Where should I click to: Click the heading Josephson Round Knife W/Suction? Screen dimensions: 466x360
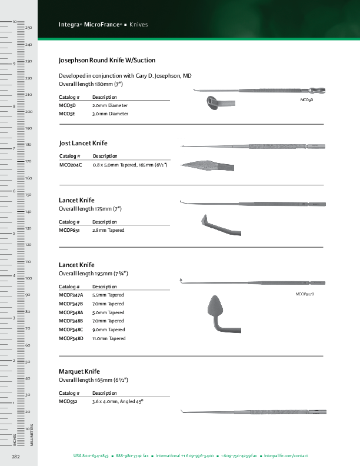pyautogui.click(x=107, y=60)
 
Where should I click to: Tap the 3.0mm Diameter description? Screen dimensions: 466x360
pyautogui.click(x=110, y=114)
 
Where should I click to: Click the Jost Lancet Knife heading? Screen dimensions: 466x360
pyautogui.click(x=84, y=143)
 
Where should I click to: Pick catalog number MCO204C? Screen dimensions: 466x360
pyautogui.click(x=71, y=165)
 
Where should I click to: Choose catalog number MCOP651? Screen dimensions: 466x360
pyautogui.click(x=69, y=230)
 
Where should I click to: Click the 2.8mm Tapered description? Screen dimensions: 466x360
pyautogui.click(x=108, y=230)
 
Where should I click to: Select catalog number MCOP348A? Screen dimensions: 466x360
pyautogui.click(x=71, y=312)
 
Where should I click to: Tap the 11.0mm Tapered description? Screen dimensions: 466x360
pyautogui.click(x=109, y=338)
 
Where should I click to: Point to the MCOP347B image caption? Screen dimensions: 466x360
pyautogui.click(x=305, y=293)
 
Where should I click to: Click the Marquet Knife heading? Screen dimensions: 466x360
pyautogui.click(x=79, y=372)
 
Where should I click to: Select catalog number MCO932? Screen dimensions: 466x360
pyautogui.click(x=68, y=401)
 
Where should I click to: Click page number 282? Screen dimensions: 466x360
pyautogui.click(x=16, y=456)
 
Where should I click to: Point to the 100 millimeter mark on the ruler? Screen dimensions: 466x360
pyautogui.click(x=28, y=278)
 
